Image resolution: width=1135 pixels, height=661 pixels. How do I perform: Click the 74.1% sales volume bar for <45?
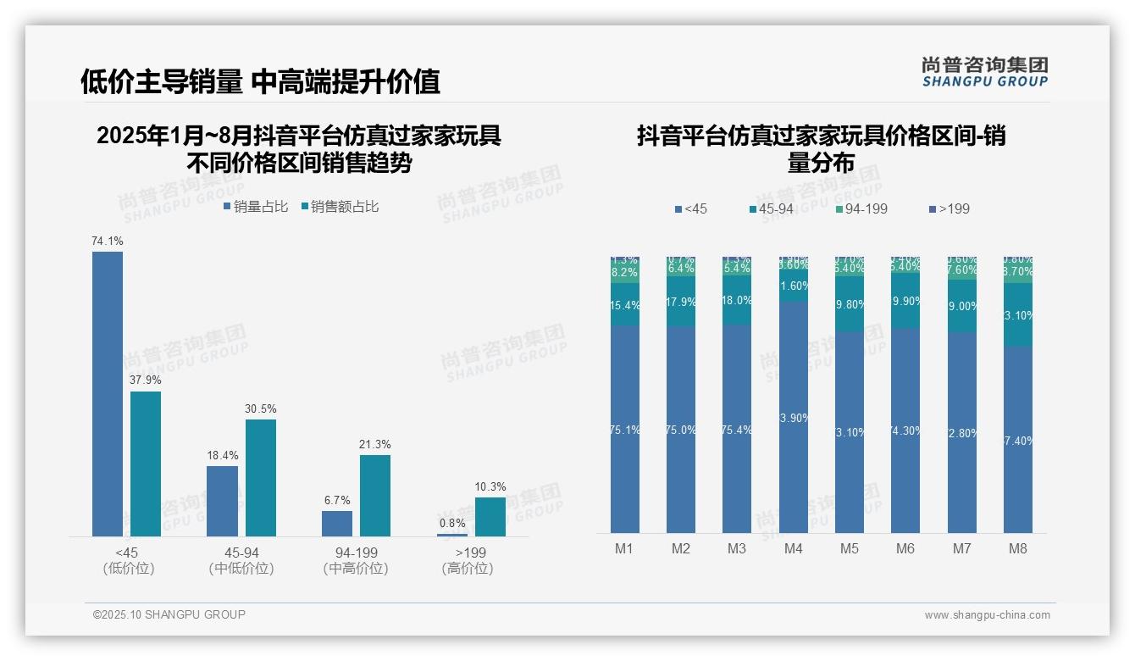[x=108, y=393]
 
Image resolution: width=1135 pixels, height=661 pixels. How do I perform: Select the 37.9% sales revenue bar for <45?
[x=146, y=464]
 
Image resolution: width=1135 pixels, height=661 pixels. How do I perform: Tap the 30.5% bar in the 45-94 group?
[x=261, y=477]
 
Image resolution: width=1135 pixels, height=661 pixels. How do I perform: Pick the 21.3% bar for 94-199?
[x=375, y=495]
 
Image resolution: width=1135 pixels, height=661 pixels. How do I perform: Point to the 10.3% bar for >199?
[x=490, y=516]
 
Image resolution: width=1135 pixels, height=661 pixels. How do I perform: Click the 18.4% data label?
[x=222, y=455]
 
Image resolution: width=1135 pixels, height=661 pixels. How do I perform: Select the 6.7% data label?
[x=337, y=500]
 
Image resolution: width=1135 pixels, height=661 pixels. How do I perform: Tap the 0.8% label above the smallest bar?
[x=452, y=523]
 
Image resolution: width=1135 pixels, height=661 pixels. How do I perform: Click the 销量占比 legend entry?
[x=255, y=206]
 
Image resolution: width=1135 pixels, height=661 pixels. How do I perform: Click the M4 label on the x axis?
[x=793, y=548]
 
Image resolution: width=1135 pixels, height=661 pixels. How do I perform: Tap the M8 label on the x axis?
[x=1018, y=548]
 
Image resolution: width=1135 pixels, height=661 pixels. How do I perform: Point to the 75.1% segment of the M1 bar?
[x=624, y=430]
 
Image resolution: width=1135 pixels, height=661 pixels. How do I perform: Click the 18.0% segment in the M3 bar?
[x=737, y=301]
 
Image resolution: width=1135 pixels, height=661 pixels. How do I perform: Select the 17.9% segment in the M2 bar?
[x=681, y=302]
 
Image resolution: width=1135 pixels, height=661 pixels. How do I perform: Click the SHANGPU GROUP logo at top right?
[x=984, y=72]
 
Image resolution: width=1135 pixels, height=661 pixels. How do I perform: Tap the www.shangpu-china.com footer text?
[x=987, y=615]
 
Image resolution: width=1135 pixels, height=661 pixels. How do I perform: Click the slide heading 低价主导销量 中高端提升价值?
[x=260, y=81]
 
